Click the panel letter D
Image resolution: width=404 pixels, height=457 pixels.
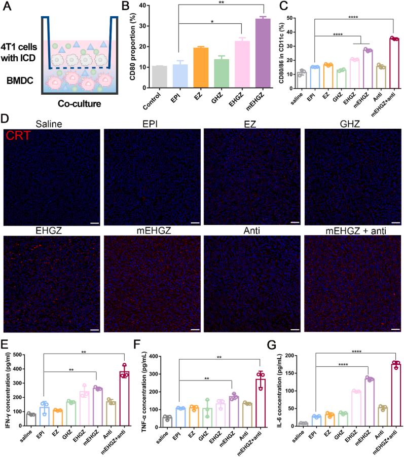coord(6,120)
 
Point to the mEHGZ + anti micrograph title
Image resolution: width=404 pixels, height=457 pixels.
coord(353,231)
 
